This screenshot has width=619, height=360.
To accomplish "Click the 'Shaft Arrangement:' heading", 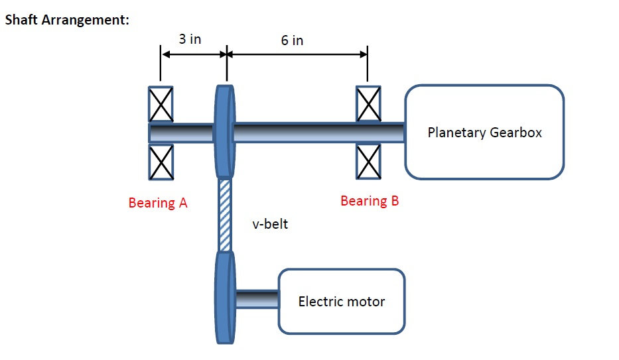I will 66,19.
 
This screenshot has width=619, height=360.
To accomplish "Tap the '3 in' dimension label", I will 190,39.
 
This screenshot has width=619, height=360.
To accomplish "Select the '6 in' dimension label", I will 292,40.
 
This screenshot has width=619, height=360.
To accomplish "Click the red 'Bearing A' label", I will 158,203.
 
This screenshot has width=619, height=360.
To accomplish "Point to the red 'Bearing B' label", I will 370,201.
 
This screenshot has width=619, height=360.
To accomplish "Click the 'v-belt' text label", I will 270,224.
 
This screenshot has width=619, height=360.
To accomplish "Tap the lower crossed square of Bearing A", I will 161,162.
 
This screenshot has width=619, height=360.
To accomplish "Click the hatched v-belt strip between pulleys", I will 226,215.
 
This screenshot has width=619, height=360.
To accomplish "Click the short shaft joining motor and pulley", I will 257,299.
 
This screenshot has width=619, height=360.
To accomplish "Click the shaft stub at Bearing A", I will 180,133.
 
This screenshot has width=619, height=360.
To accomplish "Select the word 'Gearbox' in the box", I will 516,133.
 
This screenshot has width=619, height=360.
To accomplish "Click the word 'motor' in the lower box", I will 366,302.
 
